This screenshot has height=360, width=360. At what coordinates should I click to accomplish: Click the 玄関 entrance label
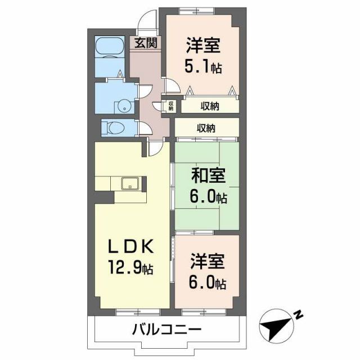click(145, 43)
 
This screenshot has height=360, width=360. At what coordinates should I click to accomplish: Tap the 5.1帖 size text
click(203, 67)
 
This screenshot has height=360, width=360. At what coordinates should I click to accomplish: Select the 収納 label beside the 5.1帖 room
click(208, 105)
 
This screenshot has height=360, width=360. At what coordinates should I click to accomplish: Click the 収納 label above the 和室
click(205, 128)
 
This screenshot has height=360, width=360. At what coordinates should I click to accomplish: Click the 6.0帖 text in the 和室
click(208, 198)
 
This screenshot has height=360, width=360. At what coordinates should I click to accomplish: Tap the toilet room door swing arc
click(144, 127)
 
